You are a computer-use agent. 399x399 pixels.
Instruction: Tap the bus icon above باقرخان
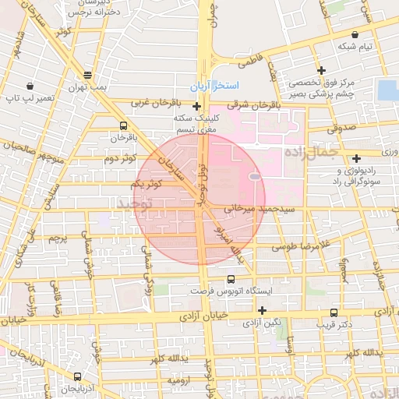point(123,125)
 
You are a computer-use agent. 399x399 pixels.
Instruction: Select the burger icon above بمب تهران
point(87,76)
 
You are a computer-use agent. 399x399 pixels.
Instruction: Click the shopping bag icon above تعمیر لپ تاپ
point(29,86)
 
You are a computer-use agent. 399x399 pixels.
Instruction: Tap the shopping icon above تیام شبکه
point(356,34)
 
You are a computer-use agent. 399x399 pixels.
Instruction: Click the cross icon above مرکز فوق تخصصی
point(320,71)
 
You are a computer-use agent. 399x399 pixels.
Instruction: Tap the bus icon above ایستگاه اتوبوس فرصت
point(230,279)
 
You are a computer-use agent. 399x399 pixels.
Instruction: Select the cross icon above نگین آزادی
point(262,310)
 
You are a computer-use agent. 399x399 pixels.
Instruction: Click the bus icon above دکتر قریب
point(334,312)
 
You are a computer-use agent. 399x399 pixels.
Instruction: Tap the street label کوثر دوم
point(121,158)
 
